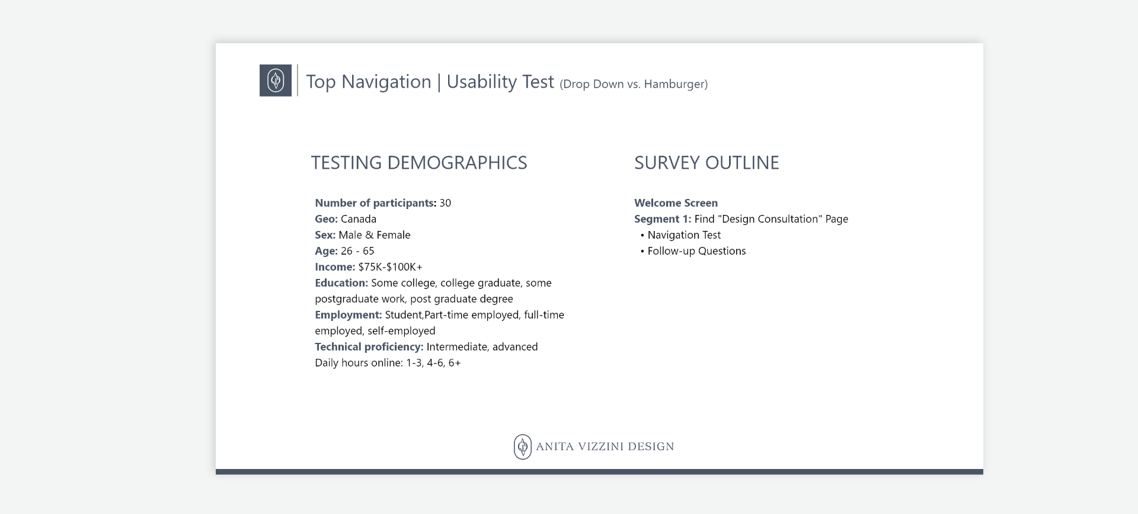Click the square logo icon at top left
[x=276, y=81]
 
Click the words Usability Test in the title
[x=500, y=82]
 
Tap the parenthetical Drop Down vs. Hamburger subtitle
[x=633, y=84]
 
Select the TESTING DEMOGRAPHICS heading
[x=418, y=163]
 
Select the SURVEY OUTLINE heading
[x=707, y=163]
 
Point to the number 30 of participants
[x=445, y=203]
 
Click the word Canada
[x=359, y=219]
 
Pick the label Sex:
[x=325, y=235]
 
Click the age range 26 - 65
[x=357, y=251]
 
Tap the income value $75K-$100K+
[x=390, y=267]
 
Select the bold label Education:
[x=341, y=283]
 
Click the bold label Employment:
[x=349, y=315]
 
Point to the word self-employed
[x=401, y=331]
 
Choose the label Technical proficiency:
[x=369, y=347]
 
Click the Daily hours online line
[x=388, y=363]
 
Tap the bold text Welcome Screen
[x=676, y=203]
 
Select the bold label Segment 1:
[x=663, y=219]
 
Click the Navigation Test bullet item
[x=684, y=235]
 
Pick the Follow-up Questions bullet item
[x=696, y=251]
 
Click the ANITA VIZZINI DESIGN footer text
[x=605, y=446]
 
